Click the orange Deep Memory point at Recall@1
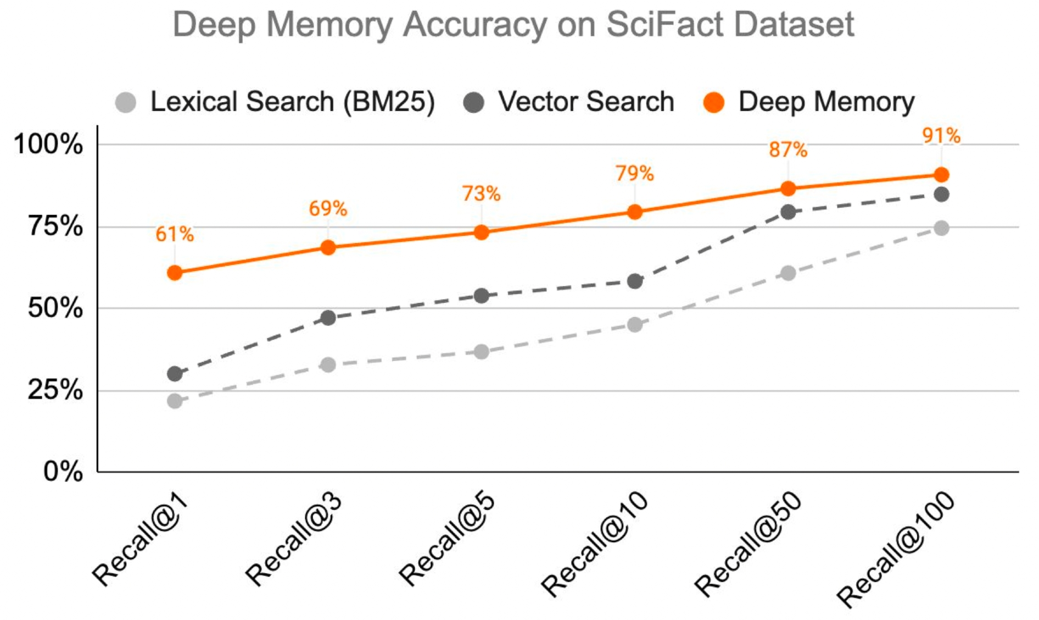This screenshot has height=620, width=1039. tap(175, 273)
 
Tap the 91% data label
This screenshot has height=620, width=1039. tap(941, 135)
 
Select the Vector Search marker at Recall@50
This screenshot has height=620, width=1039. tap(788, 212)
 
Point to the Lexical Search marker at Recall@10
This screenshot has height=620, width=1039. tap(635, 324)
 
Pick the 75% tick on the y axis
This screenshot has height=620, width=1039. tap(55, 226)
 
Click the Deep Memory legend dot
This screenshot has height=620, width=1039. tap(714, 102)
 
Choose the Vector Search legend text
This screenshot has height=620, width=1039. tap(586, 102)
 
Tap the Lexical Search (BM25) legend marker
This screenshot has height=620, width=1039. tap(126, 102)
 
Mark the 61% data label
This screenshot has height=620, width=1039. tap(175, 234)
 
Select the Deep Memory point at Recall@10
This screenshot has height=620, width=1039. tap(635, 212)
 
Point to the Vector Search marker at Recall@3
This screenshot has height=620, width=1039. tap(328, 318)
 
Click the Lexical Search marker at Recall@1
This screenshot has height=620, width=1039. tap(175, 401)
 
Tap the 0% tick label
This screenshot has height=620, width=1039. tap(63, 472)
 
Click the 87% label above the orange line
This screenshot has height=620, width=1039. tap(788, 150)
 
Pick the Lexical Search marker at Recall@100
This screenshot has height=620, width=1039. tap(941, 228)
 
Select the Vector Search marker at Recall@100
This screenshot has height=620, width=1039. tap(941, 194)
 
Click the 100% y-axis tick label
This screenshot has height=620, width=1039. tap(48, 145)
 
